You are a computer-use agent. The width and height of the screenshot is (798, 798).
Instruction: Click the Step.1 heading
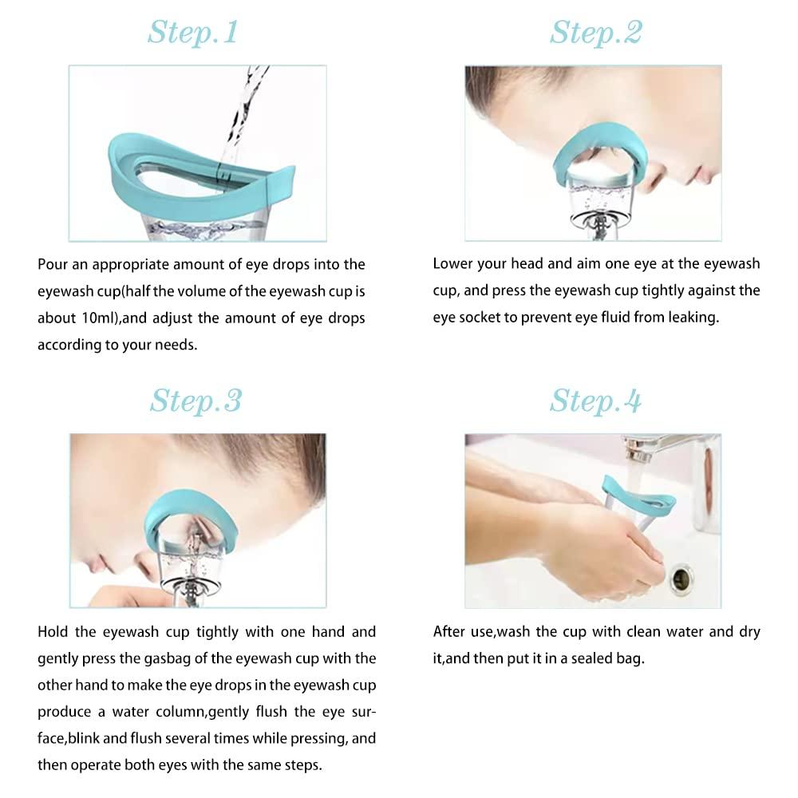pyautogui.click(x=192, y=33)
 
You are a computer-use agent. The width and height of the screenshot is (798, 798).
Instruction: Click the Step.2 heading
pyautogui.click(x=595, y=33)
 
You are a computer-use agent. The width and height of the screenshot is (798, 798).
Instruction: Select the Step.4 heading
pyautogui.click(x=595, y=401)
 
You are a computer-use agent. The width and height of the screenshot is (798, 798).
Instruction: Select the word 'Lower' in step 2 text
pyautogui.click(x=452, y=264)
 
